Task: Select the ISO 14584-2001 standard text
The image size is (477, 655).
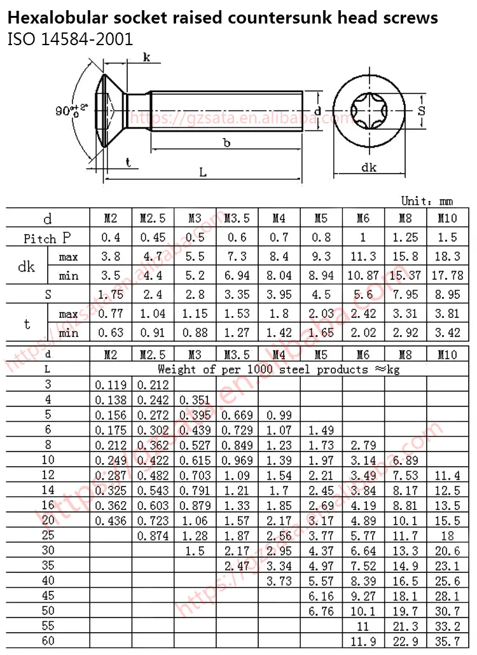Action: point(70,40)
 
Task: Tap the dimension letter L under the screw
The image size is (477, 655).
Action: point(203,172)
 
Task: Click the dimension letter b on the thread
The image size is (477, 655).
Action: point(226,142)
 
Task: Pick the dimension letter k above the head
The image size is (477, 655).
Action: point(147,58)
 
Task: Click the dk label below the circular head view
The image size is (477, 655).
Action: point(369,168)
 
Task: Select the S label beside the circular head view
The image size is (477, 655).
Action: point(439,111)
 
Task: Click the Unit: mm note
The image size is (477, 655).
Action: point(427,201)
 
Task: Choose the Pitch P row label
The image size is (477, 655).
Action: point(48,238)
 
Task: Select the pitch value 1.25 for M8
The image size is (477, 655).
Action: point(405,238)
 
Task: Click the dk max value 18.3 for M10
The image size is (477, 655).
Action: point(448,257)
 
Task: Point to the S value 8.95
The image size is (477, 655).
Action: point(448,294)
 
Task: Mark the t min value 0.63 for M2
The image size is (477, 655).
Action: point(111,333)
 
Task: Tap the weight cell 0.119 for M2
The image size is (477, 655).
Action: point(111,384)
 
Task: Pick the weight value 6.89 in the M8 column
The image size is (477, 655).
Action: point(405,460)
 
